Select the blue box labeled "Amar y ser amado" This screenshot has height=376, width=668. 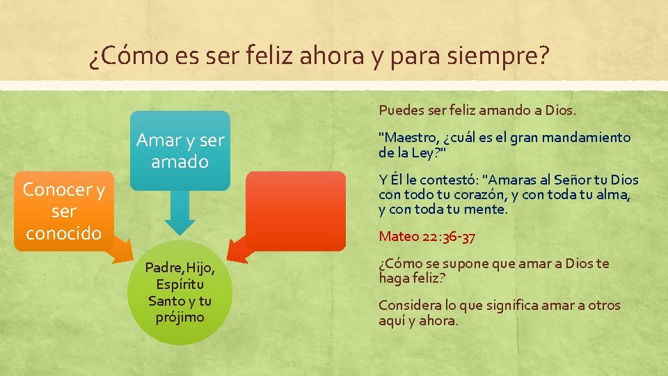[x=181, y=150]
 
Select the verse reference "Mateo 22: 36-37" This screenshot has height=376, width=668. [x=427, y=237]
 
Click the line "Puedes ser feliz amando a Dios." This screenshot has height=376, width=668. [x=477, y=110]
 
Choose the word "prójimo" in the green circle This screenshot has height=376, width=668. [x=180, y=318]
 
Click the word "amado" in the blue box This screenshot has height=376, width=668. [x=180, y=162]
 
